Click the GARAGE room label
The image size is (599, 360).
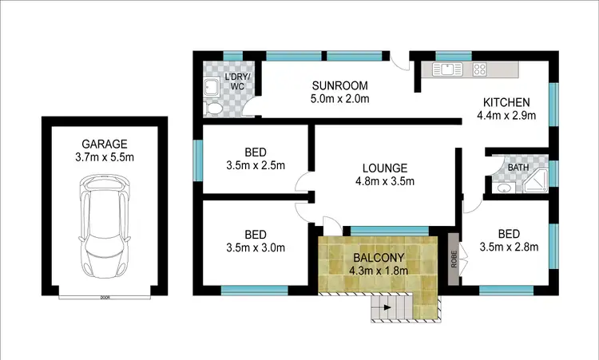(x=105, y=144)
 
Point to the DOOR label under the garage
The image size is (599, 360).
(x=105, y=297)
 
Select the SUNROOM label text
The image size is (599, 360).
(x=339, y=85)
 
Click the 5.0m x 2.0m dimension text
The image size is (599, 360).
(x=339, y=100)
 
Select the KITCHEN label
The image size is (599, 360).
(x=506, y=102)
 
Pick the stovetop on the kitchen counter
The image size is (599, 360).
(x=480, y=69)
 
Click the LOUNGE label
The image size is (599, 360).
(x=385, y=168)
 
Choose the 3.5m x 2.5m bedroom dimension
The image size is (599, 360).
(x=255, y=166)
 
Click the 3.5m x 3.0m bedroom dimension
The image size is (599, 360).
(x=255, y=247)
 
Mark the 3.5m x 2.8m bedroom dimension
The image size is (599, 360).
(x=506, y=247)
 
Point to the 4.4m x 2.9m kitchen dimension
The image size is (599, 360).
(x=506, y=116)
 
